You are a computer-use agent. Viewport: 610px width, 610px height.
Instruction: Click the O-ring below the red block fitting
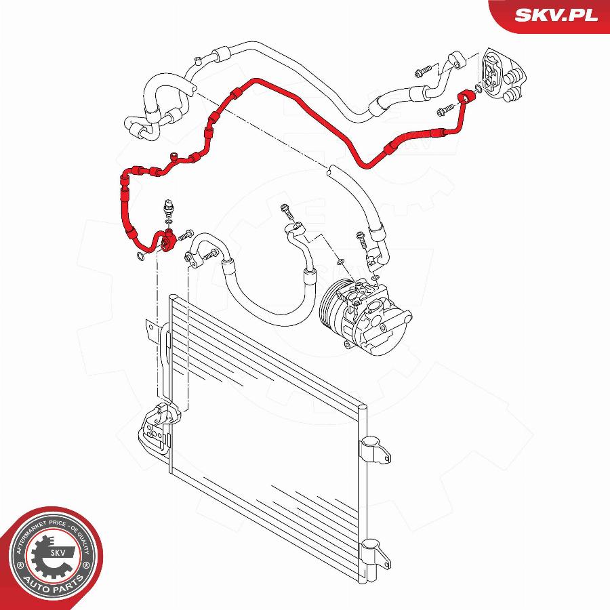point(140,256)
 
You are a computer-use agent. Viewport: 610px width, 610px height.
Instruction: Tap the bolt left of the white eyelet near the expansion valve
point(423,70)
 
